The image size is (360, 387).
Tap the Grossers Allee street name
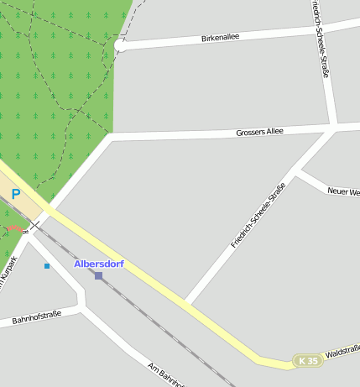tap(259, 132)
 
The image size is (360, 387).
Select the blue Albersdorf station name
tap(99, 264)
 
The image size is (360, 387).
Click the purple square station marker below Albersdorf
tap(98, 275)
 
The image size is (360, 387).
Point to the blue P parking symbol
tap(15, 195)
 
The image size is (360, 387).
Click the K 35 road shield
tap(308, 361)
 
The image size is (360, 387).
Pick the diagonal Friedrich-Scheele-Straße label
tap(258, 214)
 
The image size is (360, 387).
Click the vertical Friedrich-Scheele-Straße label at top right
tap(319, 39)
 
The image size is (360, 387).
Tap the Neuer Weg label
tap(343, 192)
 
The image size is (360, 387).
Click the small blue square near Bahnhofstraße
tap(47, 266)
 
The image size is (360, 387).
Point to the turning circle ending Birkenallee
tap(121, 45)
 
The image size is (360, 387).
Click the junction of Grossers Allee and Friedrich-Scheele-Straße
tap(334, 128)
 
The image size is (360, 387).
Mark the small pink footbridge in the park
tap(14, 228)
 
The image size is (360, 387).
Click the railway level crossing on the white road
tap(35, 225)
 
